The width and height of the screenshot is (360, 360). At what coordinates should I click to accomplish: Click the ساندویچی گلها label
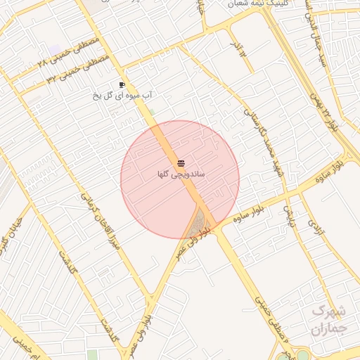click(x=181, y=173)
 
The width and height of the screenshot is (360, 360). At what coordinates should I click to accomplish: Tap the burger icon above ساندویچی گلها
click(x=181, y=163)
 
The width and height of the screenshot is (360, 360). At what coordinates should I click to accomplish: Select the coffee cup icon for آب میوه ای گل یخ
click(x=122, y=84)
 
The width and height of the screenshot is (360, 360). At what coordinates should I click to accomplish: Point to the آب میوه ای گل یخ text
click(x=124, y=94)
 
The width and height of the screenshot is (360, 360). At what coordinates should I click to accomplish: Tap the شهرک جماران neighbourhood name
click(x=328, y=319)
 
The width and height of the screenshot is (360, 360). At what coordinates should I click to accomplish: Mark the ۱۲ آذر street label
click(x=238, y=46)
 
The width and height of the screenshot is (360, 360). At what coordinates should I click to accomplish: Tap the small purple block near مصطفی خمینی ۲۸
click(x=55, y=49)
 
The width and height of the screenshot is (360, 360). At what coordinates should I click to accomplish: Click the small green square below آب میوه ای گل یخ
click(x=152, y=111)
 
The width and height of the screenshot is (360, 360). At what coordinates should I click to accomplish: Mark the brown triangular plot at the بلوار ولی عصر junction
click(x=202, y=221)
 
